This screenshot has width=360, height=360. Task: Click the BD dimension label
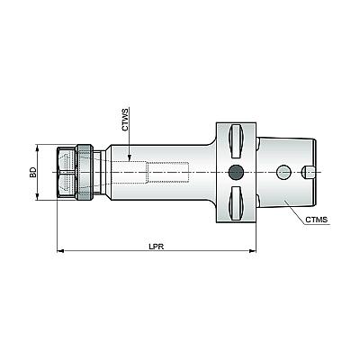(x=33, y=172)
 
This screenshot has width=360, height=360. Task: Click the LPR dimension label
(x=157, y=247)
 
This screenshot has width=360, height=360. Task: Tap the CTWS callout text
(x=125, y=120)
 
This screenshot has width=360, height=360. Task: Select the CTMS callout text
(x=317, y=220)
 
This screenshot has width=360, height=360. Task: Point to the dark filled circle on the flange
(x=236, y=172)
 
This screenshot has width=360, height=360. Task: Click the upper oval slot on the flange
(x=236, y=141)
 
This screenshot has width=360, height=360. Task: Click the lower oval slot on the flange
(x=236, y=203)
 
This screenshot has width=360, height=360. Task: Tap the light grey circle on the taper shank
(x=283, y=172)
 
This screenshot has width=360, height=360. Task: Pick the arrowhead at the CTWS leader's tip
(x=130, y=157)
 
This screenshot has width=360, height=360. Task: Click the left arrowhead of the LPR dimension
(x=60, y=250)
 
